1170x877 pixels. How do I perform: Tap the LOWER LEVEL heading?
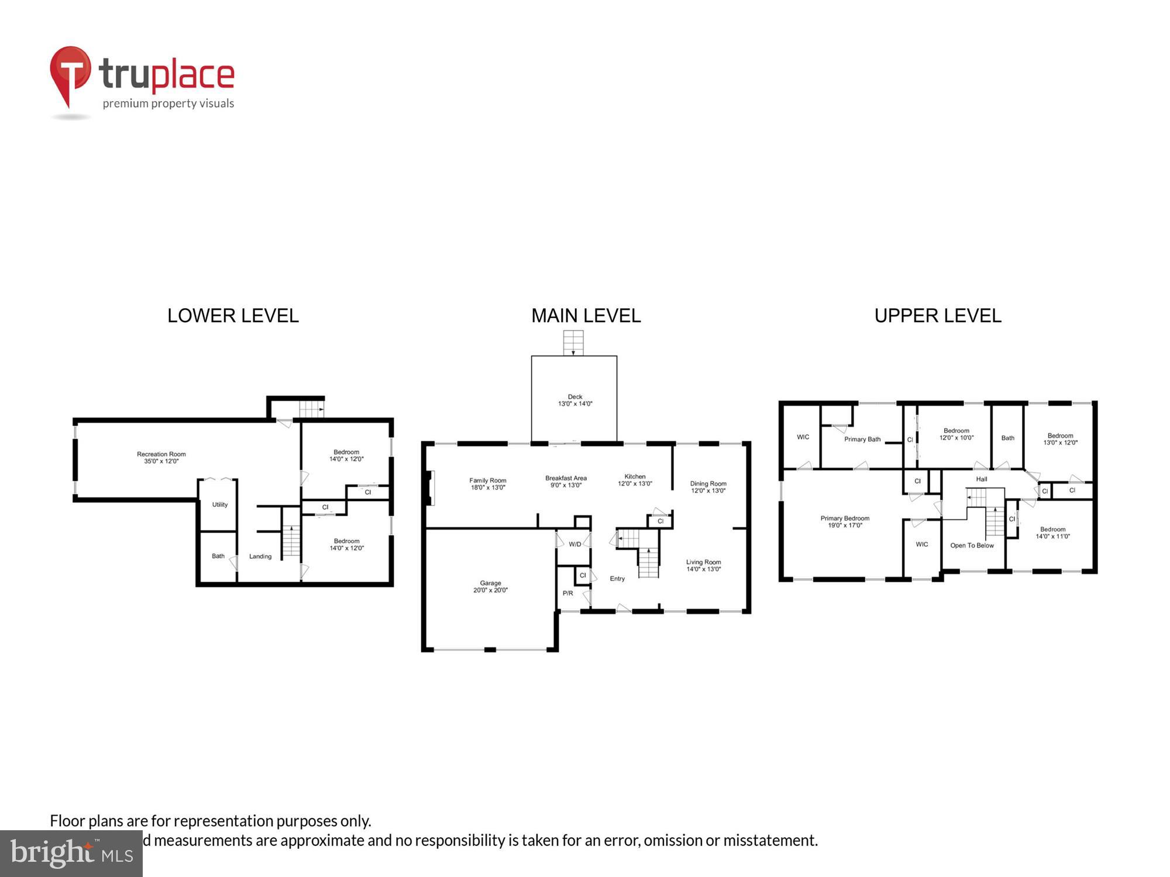233,316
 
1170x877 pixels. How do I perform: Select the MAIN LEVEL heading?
586,316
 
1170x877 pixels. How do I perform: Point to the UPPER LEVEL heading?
937,316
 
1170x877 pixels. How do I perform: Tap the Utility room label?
220,505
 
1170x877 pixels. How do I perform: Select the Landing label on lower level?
260,557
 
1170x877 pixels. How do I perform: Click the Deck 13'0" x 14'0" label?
575,400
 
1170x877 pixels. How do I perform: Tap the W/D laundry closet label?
575,544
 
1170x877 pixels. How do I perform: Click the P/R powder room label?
567,593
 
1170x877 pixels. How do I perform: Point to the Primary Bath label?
862,439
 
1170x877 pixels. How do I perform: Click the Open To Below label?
972,545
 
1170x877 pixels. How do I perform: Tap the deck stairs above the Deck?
573,343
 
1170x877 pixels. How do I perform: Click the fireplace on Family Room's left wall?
431,488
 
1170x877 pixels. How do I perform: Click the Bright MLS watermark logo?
71,854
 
